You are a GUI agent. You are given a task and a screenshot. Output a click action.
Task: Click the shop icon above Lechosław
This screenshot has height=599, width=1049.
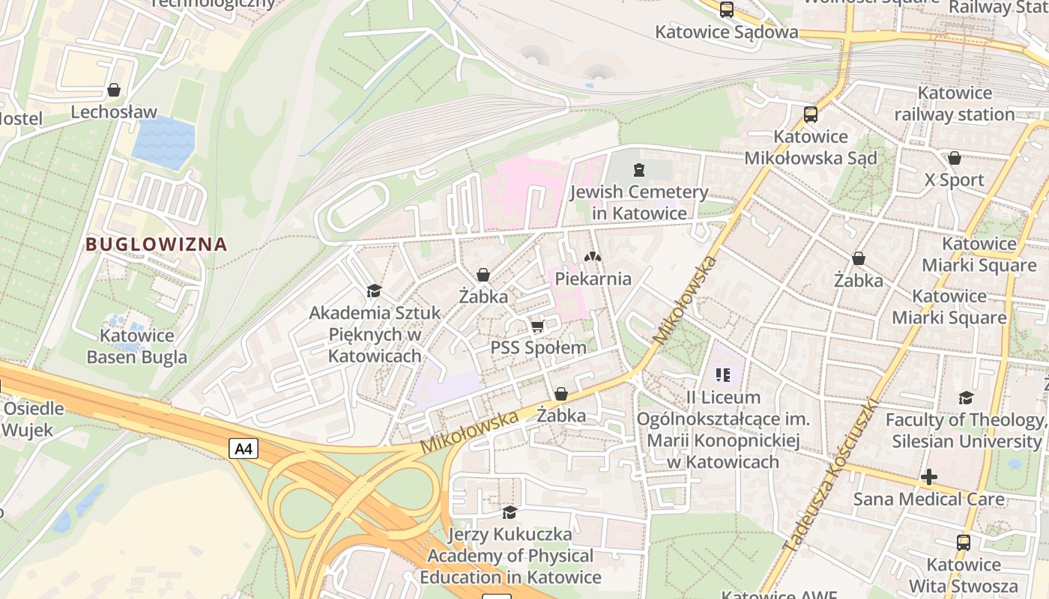[x=114, y=90]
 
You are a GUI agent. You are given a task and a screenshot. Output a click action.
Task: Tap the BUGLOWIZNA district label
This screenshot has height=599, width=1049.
[x=156, y=244]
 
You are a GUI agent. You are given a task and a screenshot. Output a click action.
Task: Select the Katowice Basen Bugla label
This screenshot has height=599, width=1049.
[x=136, y=346]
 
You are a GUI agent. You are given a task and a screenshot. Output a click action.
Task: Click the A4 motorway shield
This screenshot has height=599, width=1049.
[x=244, y=449]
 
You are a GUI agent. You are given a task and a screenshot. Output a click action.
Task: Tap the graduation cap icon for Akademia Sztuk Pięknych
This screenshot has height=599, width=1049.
[x=374, y=291]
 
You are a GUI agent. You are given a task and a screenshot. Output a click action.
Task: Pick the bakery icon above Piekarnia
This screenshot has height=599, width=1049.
[x=593, y=257]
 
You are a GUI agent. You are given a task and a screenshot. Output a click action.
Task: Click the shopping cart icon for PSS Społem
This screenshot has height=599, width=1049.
[x=537, y=326]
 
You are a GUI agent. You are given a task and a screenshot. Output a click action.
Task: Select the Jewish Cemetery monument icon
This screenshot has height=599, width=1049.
[x=638, y=169]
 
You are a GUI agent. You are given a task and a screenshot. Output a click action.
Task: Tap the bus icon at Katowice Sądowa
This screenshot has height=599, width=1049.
[x=726, y=10]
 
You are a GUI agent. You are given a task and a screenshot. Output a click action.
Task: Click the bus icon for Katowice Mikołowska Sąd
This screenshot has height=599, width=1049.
[x=810, y=115]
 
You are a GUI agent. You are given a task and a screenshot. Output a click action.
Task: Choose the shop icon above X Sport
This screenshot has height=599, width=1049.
[x=954, y=158]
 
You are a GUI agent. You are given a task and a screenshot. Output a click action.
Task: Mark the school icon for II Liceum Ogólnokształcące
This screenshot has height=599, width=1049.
[x=723, y=374]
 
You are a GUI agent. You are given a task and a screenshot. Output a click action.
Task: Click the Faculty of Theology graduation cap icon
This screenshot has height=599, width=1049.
[x=966, y=398]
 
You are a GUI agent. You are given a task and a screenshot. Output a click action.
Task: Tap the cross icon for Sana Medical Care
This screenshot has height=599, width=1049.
[x=929, y=477]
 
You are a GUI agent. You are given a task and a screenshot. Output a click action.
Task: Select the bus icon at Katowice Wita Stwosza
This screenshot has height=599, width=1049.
[x=963, y=542]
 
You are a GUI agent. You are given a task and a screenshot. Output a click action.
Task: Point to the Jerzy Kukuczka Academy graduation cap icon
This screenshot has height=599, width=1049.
[x=510, y=512]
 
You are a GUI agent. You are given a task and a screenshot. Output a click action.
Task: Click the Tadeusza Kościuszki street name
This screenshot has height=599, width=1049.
[x=830, y=476]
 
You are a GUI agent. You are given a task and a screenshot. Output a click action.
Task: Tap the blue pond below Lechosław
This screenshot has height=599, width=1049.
[x=163, y=142]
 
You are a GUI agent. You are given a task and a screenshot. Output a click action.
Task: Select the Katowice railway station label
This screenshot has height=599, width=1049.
[x=954, y=104]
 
